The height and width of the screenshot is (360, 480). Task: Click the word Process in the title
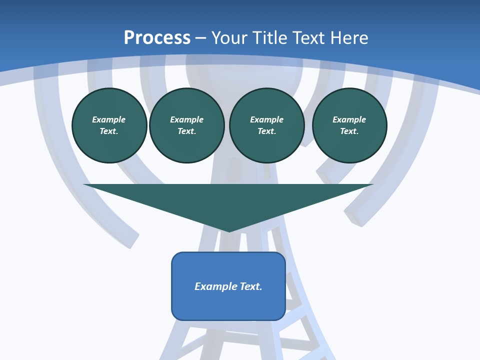[x=157, y=37]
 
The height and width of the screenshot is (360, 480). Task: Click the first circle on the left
[x=109, y=125]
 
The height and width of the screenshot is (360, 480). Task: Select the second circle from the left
[x=187, y=125]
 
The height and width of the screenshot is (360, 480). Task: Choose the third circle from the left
[x=266, y=125]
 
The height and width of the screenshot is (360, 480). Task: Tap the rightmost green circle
[x=349, y=125]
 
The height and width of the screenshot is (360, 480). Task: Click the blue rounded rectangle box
[x=228, y=286]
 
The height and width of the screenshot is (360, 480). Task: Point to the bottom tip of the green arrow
[x=229, y=231]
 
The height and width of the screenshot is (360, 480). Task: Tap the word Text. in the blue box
[x=251, y=286]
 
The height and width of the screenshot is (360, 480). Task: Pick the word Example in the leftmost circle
[x=109, y=119]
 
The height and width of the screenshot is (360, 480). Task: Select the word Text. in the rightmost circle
[x=349, y=131]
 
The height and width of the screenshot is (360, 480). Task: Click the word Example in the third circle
[x=266, y=119]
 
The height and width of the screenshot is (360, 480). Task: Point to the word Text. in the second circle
[x=187, y=131]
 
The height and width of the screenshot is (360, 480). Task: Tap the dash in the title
[x=200, y=37]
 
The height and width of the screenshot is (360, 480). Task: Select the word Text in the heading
[x=309, y=37]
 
